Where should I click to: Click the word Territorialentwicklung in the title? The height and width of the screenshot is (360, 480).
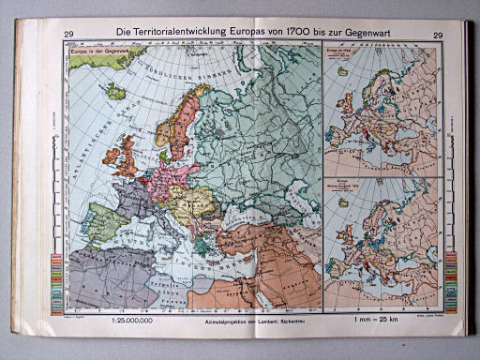tap(188, 35)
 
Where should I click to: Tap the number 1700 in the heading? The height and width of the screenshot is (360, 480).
tap(306, 35)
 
